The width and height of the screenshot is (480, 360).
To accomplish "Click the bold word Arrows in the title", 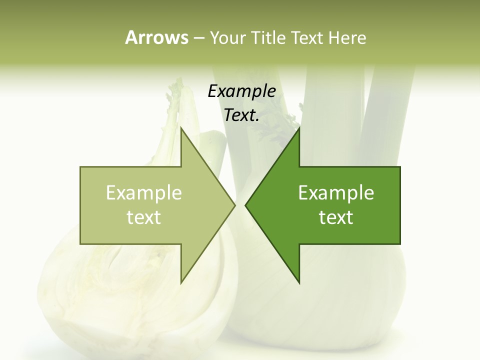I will point(156,37).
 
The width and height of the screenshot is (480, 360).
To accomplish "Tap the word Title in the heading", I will point(268,38).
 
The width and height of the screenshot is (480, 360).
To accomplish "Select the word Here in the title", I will point(347,38).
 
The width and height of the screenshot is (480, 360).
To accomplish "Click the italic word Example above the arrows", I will point(242,91).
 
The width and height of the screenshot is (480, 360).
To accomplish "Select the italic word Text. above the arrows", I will point(242,115).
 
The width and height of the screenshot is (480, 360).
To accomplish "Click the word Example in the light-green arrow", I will point(144,193).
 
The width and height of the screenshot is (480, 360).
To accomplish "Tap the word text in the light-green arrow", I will point(144,217).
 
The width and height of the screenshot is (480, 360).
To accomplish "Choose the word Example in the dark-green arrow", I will point(336,193).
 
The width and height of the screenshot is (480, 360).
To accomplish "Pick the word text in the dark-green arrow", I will point(336,217).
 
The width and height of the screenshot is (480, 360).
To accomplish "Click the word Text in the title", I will point(306,38).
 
